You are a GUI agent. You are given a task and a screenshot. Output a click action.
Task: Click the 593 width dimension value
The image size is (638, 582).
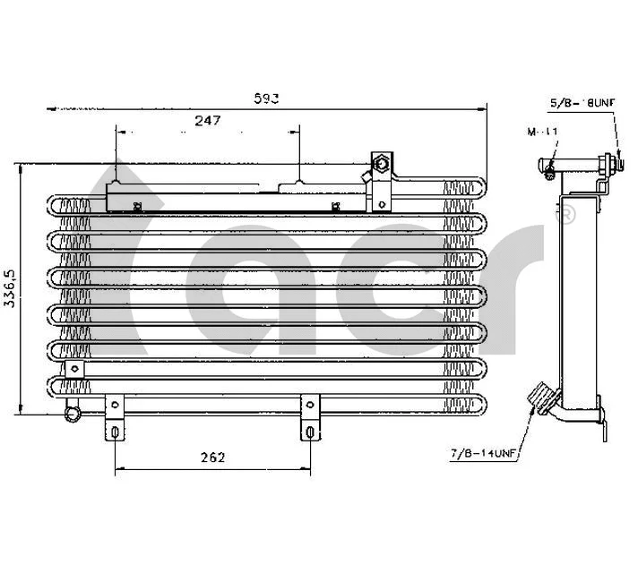267,99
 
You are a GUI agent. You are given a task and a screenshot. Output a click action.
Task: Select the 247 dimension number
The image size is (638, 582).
208,120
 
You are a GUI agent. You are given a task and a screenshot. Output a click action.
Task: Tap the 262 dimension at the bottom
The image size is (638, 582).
212,458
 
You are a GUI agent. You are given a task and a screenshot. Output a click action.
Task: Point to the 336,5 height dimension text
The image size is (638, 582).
10,288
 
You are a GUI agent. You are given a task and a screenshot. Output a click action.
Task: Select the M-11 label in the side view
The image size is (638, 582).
543,132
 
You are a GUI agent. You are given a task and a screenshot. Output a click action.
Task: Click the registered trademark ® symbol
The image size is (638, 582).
566,215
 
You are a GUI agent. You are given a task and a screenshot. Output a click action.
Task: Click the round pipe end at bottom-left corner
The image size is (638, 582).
72,414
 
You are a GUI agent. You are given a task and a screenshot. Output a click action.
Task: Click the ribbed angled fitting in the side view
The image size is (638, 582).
540,398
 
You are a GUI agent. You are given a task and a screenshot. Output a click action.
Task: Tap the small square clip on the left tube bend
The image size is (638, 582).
64,367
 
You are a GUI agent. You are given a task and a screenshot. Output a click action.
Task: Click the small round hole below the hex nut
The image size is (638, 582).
382,203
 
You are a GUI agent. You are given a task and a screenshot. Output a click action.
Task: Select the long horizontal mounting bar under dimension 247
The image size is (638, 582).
237,199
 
